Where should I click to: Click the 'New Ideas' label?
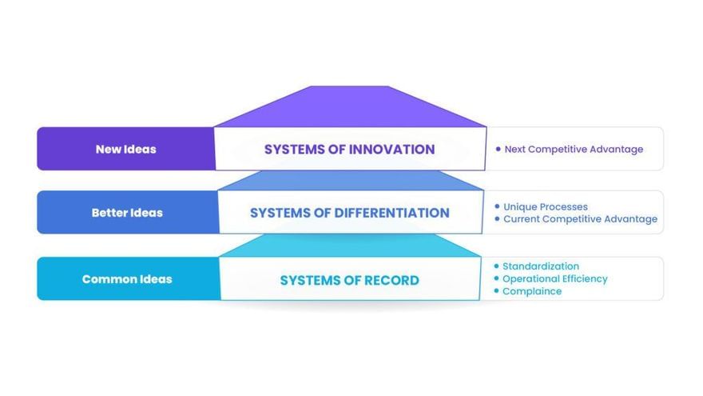coord(126,149)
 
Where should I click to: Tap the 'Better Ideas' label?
coord(127,212)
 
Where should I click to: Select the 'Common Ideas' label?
coord(127,279)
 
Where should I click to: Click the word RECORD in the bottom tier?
coord(391,280)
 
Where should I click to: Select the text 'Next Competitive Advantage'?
coord(574,149)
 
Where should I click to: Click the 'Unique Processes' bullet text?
coord(545,206)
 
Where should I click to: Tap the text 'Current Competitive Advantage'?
coord(580,218)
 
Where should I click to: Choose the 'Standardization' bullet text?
coord(541,266)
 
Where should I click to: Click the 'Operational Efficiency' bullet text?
coord(555,279)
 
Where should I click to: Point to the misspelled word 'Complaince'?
coord(532,291)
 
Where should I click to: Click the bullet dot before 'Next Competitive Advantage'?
coord(498,149)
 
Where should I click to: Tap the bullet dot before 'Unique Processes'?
coord(497,206)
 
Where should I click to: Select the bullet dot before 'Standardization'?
coord(496,266)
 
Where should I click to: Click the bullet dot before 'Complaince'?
coord(496,290)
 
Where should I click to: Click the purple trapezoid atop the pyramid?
coord(350,107)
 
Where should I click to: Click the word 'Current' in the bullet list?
coord(522,218)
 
